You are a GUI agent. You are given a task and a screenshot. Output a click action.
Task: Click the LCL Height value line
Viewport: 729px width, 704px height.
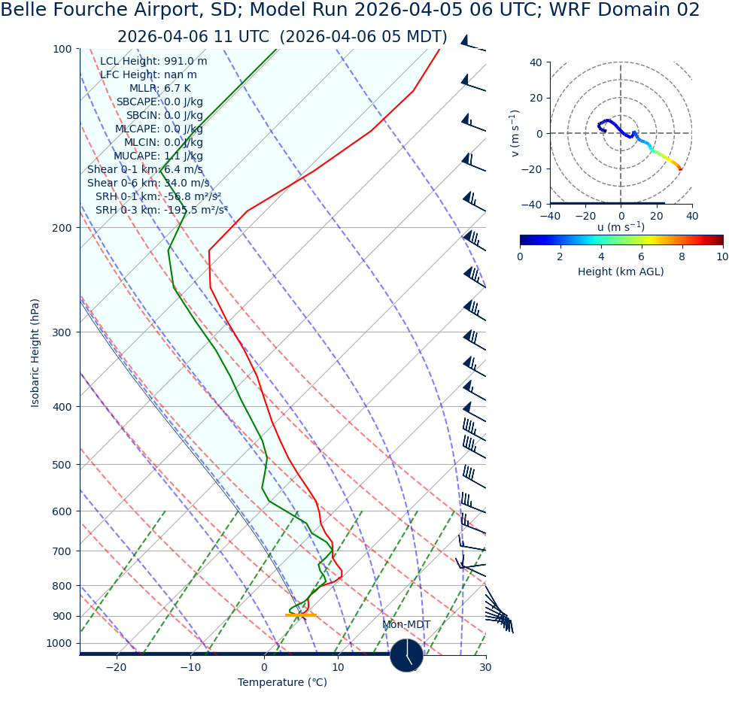153,62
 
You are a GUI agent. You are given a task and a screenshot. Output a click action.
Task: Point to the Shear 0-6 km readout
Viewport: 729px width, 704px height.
148,184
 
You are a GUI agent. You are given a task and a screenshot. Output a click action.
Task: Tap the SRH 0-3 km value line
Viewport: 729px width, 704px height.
161,211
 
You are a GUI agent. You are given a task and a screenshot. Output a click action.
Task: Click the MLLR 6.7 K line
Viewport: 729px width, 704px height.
159,89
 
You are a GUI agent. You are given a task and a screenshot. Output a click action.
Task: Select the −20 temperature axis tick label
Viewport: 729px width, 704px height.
116,668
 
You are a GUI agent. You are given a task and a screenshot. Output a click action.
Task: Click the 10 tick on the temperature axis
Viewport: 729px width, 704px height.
338,668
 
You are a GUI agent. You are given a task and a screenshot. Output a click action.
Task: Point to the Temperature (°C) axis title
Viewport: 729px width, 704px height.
282,683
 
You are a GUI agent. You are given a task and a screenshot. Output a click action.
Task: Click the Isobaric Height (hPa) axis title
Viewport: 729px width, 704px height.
35,353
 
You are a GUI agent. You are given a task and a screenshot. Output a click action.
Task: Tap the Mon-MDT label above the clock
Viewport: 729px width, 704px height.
406,625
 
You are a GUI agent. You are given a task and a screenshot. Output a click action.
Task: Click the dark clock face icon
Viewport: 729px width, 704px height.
406,655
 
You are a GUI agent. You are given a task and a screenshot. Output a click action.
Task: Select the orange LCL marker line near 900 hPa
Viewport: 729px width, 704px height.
301,615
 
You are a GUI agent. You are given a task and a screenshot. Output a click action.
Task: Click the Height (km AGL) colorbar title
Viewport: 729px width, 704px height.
621,272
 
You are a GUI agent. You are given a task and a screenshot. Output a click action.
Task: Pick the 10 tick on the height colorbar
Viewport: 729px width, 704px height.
722,256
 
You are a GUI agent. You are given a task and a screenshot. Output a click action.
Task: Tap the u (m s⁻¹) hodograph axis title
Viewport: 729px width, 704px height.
621,227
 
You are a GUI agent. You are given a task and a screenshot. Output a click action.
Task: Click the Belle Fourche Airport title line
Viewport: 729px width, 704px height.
350,11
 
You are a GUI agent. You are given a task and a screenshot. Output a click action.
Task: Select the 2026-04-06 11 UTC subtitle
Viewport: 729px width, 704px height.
282,37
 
